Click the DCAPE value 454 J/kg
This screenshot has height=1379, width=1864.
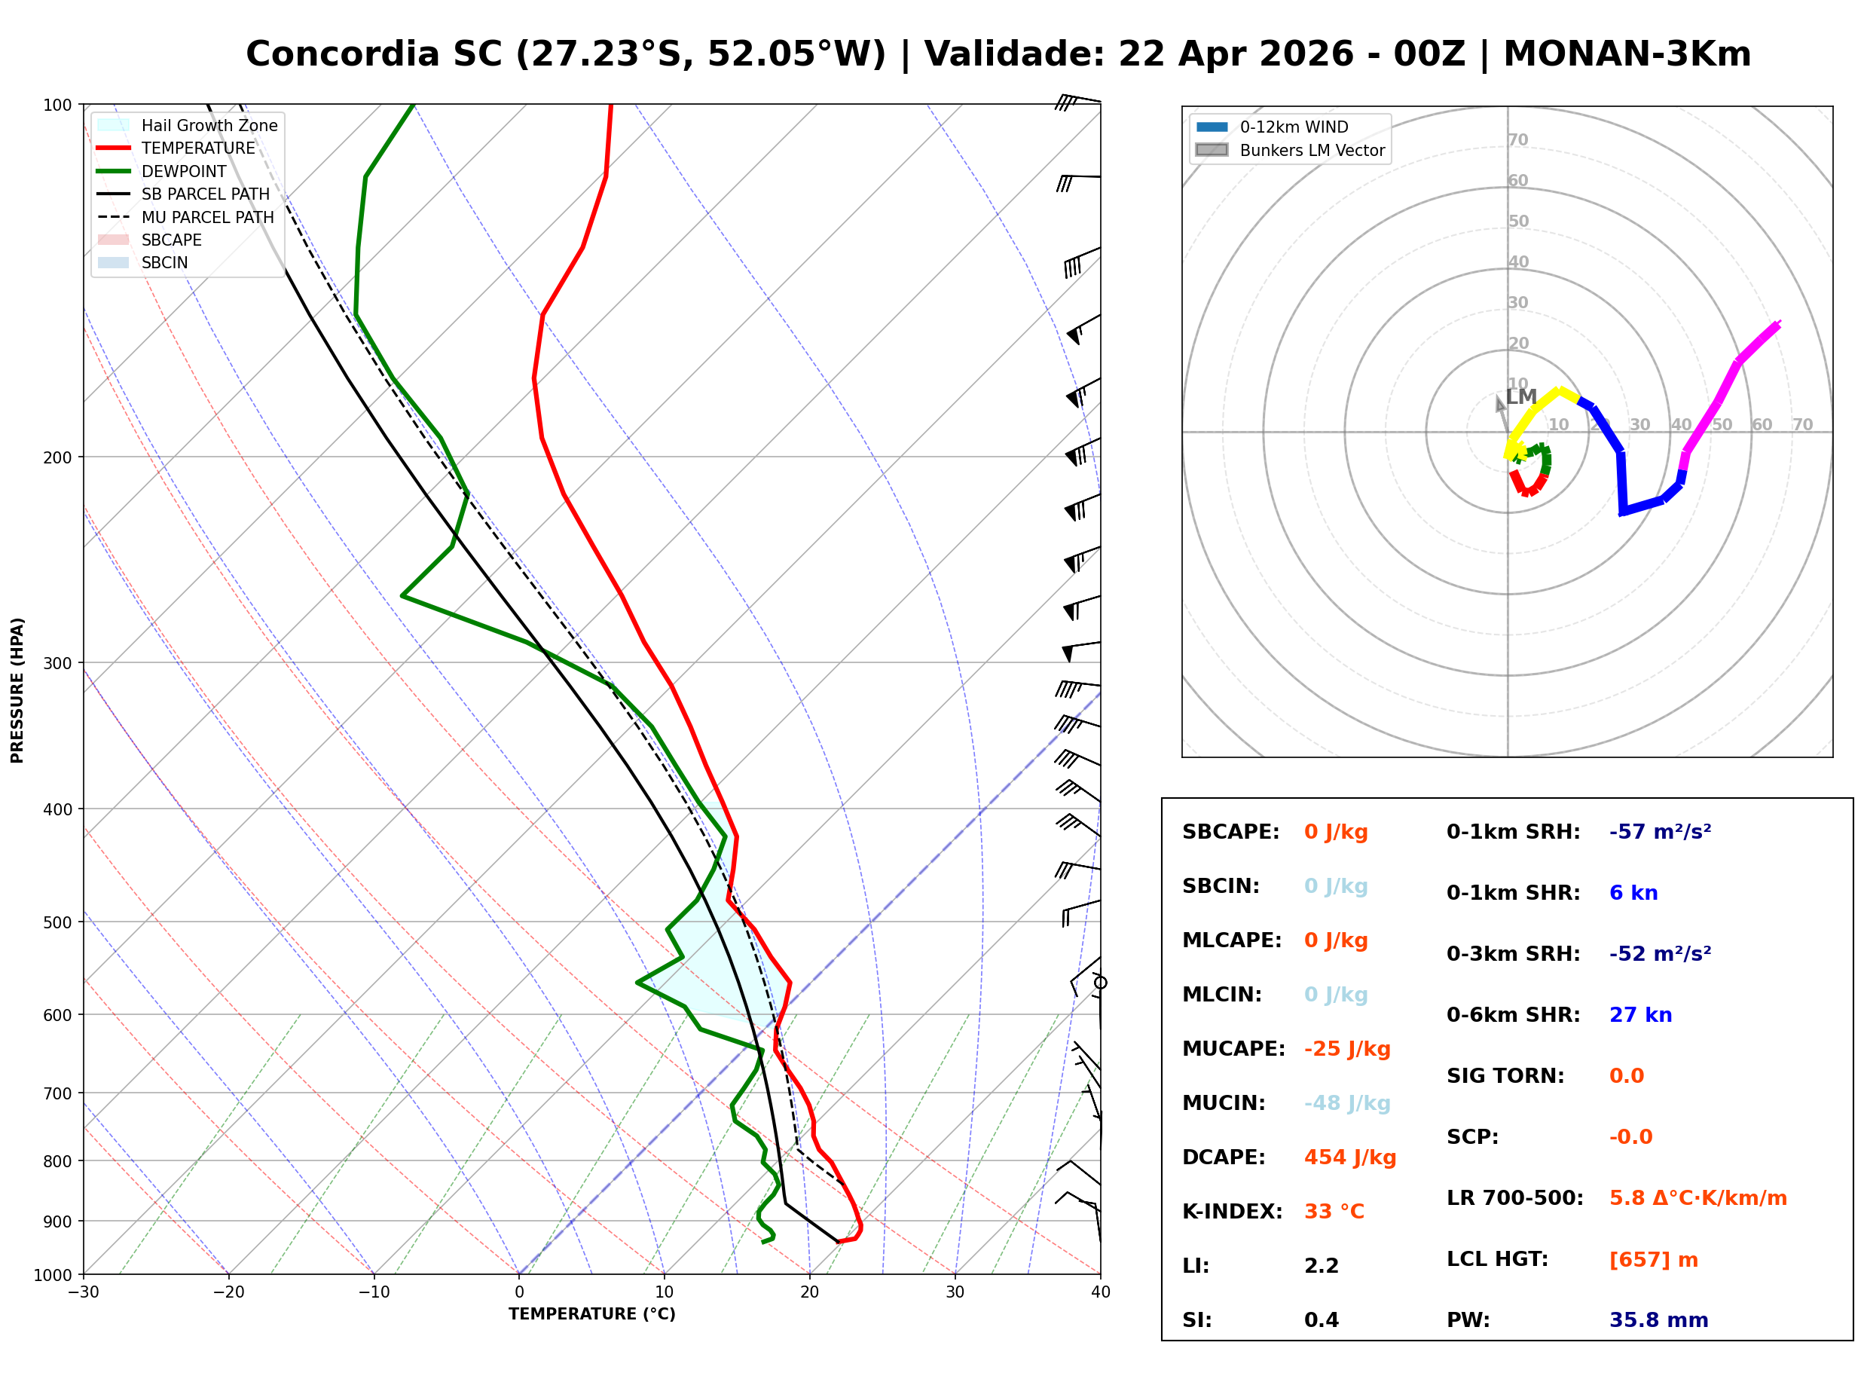pos(1349,1157)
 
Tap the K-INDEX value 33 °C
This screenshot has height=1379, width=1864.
pos(1334,1211)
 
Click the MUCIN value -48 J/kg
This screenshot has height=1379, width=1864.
pos(1346,1102)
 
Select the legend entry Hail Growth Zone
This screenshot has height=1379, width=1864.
pos(209,125)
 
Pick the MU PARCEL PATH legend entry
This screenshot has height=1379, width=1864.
pos(207,217)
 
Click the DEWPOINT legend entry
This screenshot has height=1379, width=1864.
pos(184,171)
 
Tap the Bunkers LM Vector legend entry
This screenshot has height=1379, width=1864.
pos(1312,150)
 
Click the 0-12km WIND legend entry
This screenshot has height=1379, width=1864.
pos(1294,127)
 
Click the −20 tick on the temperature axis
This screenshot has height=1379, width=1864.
pos(228,1292)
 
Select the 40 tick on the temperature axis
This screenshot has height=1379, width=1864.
pos(1100,1292)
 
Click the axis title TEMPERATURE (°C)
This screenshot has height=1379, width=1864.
pos(591,1314)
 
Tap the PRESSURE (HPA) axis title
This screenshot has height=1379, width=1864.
pos(17,689)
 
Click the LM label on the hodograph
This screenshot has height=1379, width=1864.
pos(1521,396)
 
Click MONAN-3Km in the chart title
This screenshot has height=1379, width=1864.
pos(1626,54)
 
